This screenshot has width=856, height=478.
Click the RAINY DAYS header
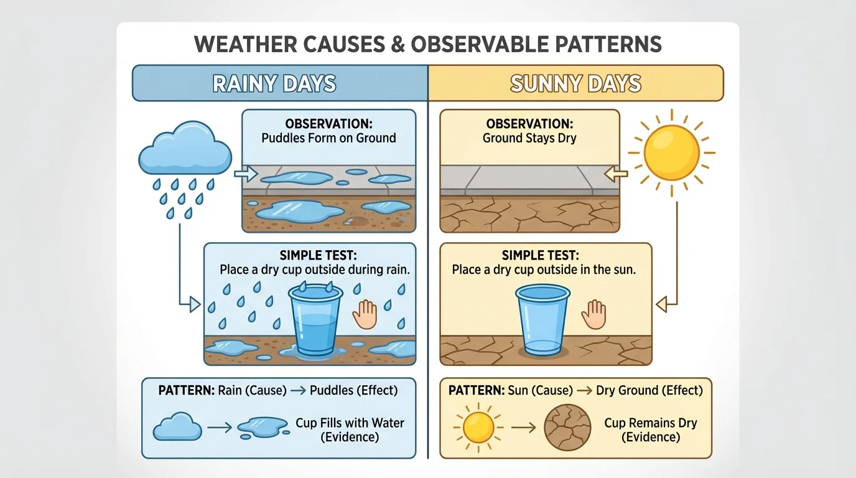click(274, 83)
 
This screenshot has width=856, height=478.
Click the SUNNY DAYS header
click(575, 83)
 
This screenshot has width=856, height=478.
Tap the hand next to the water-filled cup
click(365, 314)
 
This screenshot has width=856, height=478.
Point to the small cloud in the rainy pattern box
click(177, 427)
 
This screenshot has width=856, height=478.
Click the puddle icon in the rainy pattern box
click(262, 427)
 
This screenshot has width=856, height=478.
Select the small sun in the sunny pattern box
click(478, 428)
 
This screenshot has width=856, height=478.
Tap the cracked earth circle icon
click(567, 428)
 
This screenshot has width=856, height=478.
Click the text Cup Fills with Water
click(350, 423)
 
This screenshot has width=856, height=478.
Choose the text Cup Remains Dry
click(651, 423)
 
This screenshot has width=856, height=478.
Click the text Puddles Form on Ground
click(328, 138)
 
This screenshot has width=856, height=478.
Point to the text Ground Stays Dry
click(529, 138)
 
